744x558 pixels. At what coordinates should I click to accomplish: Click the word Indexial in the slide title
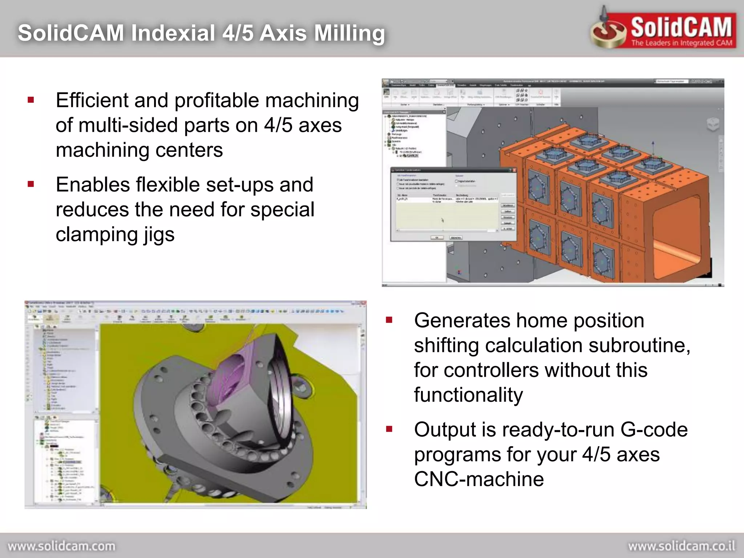click(173, 33)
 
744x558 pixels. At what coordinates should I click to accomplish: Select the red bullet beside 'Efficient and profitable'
click(31, 100)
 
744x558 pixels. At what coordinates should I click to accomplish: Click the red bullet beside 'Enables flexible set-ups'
click(31, 184)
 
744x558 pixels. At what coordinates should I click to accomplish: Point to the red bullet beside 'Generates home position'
click(389, 320)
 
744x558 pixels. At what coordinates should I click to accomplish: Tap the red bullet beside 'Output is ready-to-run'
click(389, 429)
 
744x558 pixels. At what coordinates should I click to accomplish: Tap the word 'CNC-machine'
click(479, 479)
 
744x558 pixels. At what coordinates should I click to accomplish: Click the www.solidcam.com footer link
click(61, 546)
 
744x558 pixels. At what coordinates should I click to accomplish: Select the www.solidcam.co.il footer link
click(682, 546)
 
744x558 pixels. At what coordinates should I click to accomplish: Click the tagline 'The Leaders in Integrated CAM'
click(682, 43)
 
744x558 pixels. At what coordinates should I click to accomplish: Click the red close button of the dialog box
click(514, 170)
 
